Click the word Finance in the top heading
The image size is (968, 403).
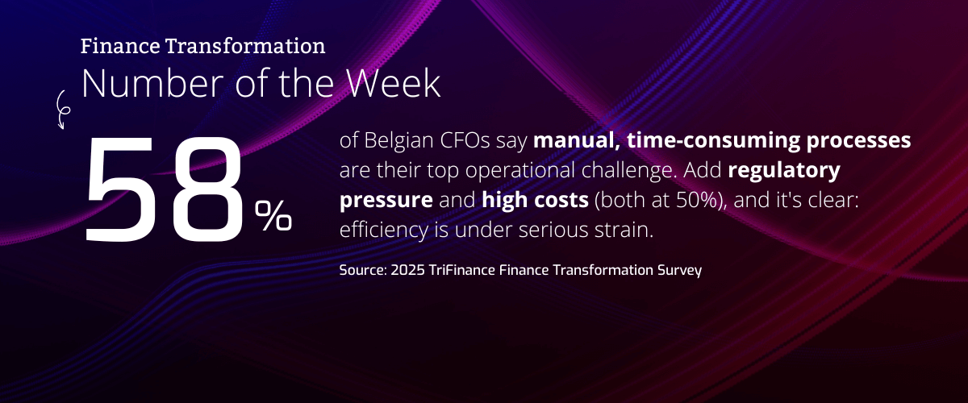point(120,46)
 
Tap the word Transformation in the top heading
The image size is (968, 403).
point(245,46)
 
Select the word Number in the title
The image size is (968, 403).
point(152,83)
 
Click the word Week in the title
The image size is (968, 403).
point(394,83)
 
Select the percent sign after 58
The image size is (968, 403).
point(273,215)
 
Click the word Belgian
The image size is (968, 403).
point(398,141)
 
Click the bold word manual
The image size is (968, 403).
point(577,140)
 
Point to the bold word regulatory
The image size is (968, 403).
point(784,171)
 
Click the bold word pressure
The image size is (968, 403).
point(386,201)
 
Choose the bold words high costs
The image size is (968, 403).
point(535,200)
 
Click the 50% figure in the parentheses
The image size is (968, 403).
point(697,200)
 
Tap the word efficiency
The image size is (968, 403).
point(384,230)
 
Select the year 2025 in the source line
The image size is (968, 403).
point(407,270)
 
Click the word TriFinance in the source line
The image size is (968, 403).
point(462,270)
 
